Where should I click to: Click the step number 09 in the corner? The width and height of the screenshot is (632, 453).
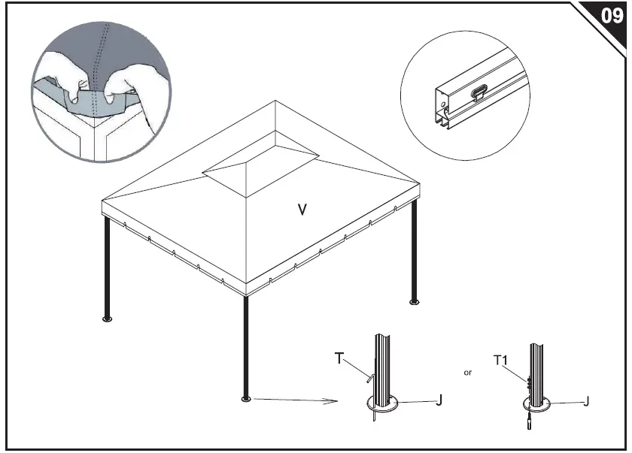point(612,15)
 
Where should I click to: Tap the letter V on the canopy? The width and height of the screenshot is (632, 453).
point(302,210)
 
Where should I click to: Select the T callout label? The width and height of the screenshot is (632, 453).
point(339,359)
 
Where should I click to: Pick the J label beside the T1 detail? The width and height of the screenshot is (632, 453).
point(587,400)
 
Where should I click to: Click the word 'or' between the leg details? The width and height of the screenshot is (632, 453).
point(467,372)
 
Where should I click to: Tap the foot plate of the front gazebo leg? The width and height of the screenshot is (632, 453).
point(245,398)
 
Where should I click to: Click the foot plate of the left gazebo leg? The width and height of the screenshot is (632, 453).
point(107,319)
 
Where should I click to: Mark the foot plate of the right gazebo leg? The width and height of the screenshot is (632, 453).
point(414,302)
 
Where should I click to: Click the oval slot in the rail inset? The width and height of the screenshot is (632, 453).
point(480,92)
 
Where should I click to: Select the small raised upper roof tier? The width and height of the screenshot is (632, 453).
point(261,157)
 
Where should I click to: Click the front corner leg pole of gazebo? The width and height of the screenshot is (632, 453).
point(245,346)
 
